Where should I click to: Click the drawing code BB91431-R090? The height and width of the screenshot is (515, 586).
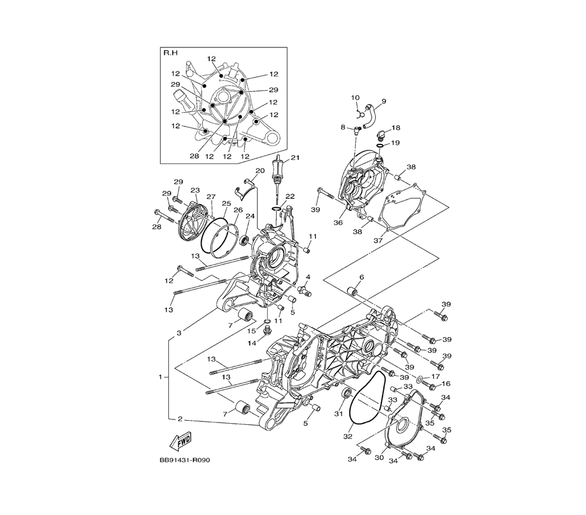pyautogui.click(x=185, y=460)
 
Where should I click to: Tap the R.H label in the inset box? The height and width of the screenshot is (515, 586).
pyautogui.click(x=171, y=53)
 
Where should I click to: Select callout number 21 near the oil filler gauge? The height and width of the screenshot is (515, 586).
pyautogui.click(x=295, y=158)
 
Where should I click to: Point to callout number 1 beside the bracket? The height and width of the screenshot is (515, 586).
pyautogui.click(x=161, y=377)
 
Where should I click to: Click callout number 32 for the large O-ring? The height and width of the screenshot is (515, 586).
pyautogui.click(x=347, y=436)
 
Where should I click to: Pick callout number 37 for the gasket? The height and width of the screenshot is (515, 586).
pyautogui.click(x=378, y=241)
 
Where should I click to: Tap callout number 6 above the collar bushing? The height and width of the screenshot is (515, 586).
pyautogui.click(x=362, y=277)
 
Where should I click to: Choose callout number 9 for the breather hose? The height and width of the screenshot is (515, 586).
pyautogui.click(x=384, y=101)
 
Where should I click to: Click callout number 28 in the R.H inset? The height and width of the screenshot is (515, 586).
pyautogui.click(x=195, y=156)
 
